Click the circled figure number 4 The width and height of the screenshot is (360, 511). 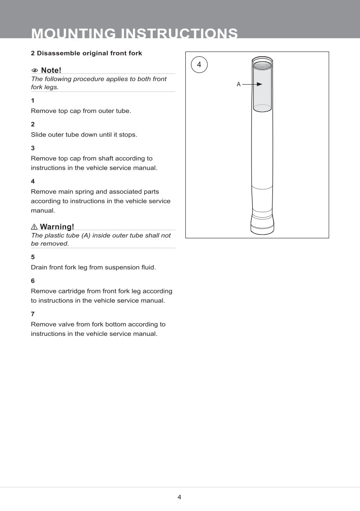199,64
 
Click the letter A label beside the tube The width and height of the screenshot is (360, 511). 239,85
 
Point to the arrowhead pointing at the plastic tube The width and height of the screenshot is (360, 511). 259,85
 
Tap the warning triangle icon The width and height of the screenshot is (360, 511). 34,227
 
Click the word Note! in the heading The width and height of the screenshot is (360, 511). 51,70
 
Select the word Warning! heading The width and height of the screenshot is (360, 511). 57,227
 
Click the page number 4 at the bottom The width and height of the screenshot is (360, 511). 179,497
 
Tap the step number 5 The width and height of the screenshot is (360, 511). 33,257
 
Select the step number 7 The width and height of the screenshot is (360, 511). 33,314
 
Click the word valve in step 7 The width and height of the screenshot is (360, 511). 67,324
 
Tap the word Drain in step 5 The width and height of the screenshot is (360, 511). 39,267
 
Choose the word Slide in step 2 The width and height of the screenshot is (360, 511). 38,134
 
